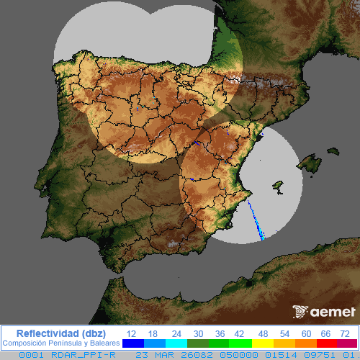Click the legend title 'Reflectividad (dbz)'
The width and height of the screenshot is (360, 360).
[60, 333]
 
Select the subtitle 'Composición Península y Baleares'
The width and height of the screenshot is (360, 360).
[60, 343]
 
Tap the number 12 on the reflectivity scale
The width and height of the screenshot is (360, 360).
[131, 333]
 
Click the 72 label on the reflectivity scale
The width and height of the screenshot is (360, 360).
[345, 333]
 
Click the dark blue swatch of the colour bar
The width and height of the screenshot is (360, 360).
[133, 343]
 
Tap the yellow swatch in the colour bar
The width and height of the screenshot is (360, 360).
[263, 343]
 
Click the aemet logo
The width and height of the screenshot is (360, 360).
[324, 312]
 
